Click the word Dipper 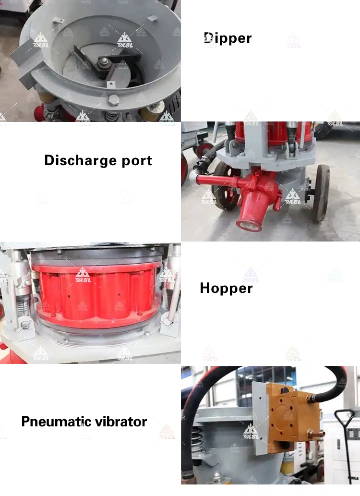click(228, 38)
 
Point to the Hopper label click(226, 288)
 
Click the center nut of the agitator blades click(104, 61)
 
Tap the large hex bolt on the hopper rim click(114, 100)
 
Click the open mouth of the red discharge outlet click(246, 222)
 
